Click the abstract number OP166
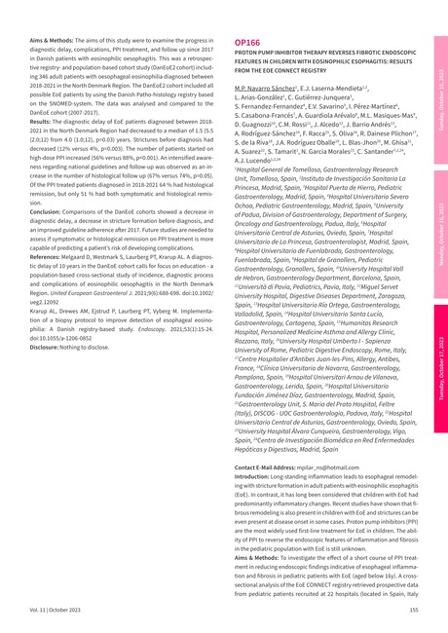pyautogui.click(x=246, y=44)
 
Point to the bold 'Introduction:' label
pyautogui.click(x=254, y=477)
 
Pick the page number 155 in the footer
pyautogui.click(x=413, y=609)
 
